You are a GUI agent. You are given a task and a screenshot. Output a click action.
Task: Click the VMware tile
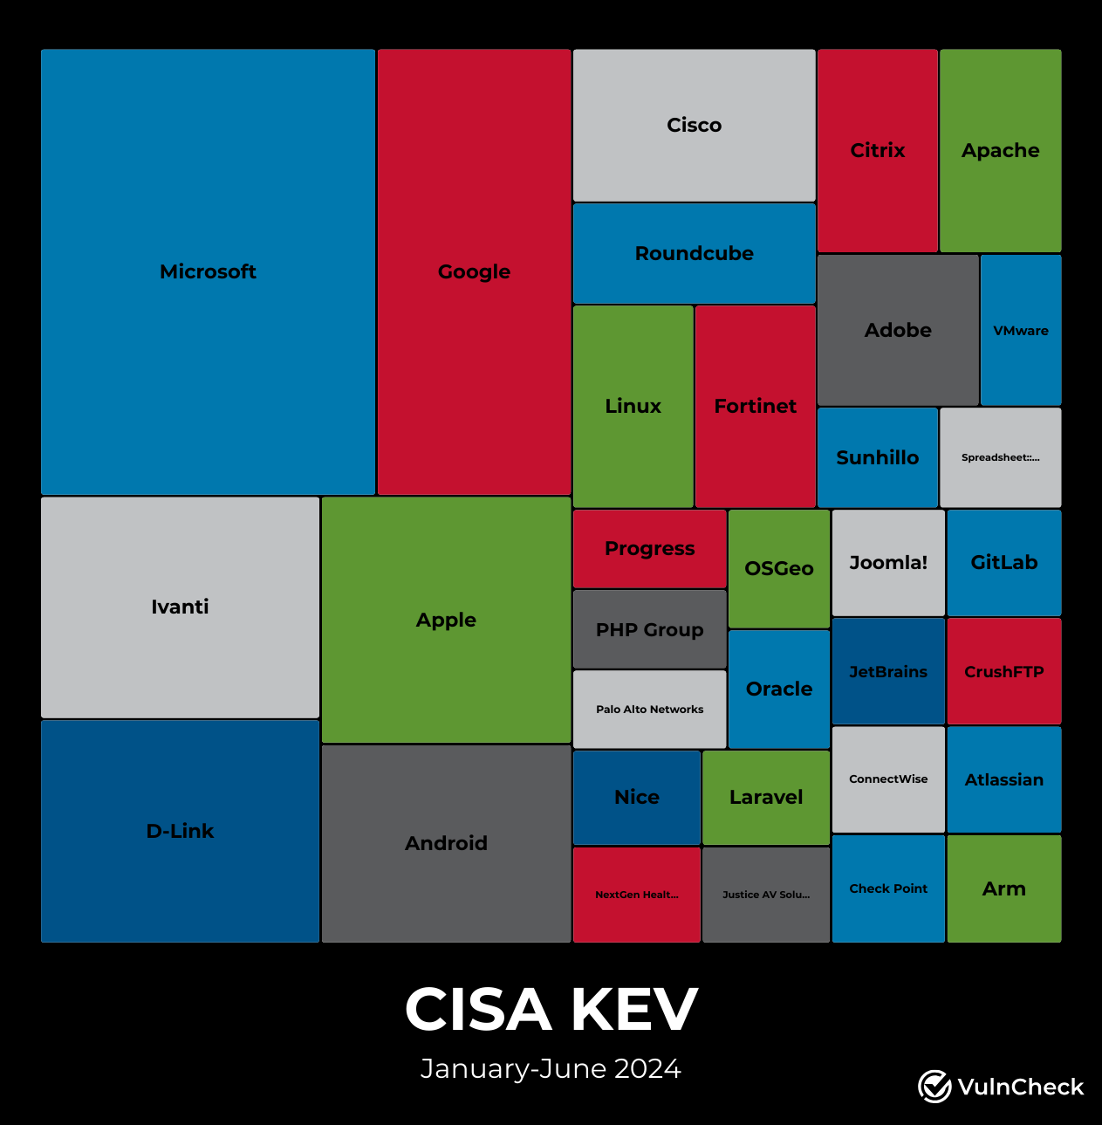1021,330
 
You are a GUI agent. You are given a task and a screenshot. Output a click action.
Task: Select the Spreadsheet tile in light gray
1000,457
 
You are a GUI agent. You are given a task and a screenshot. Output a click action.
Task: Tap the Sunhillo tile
878,457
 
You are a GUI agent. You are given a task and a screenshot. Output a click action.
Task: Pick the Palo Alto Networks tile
650,709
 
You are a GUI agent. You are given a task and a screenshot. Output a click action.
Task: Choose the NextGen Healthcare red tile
637,895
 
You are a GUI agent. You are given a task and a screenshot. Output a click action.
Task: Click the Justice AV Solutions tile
766,895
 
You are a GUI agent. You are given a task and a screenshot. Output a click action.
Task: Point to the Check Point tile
888,888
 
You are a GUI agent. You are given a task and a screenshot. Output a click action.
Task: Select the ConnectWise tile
888,779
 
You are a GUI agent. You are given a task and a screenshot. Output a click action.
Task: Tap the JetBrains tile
888,671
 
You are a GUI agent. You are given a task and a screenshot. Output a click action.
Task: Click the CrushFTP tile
1004,671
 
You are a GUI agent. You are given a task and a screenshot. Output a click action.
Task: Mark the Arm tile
1004,888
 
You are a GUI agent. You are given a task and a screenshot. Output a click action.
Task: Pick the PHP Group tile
650,629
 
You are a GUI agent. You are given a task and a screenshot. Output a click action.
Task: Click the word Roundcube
695,253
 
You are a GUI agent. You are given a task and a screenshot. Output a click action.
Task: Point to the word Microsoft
208,271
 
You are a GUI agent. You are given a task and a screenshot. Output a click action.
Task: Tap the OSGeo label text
779,568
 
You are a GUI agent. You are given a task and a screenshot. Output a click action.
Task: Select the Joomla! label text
888,562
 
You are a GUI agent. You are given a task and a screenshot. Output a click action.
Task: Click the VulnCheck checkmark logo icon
934,1087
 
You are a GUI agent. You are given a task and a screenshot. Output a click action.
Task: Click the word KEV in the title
634,1010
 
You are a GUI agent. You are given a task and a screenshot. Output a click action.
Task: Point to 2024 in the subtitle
647,1068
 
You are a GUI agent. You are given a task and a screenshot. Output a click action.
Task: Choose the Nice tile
637,797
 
